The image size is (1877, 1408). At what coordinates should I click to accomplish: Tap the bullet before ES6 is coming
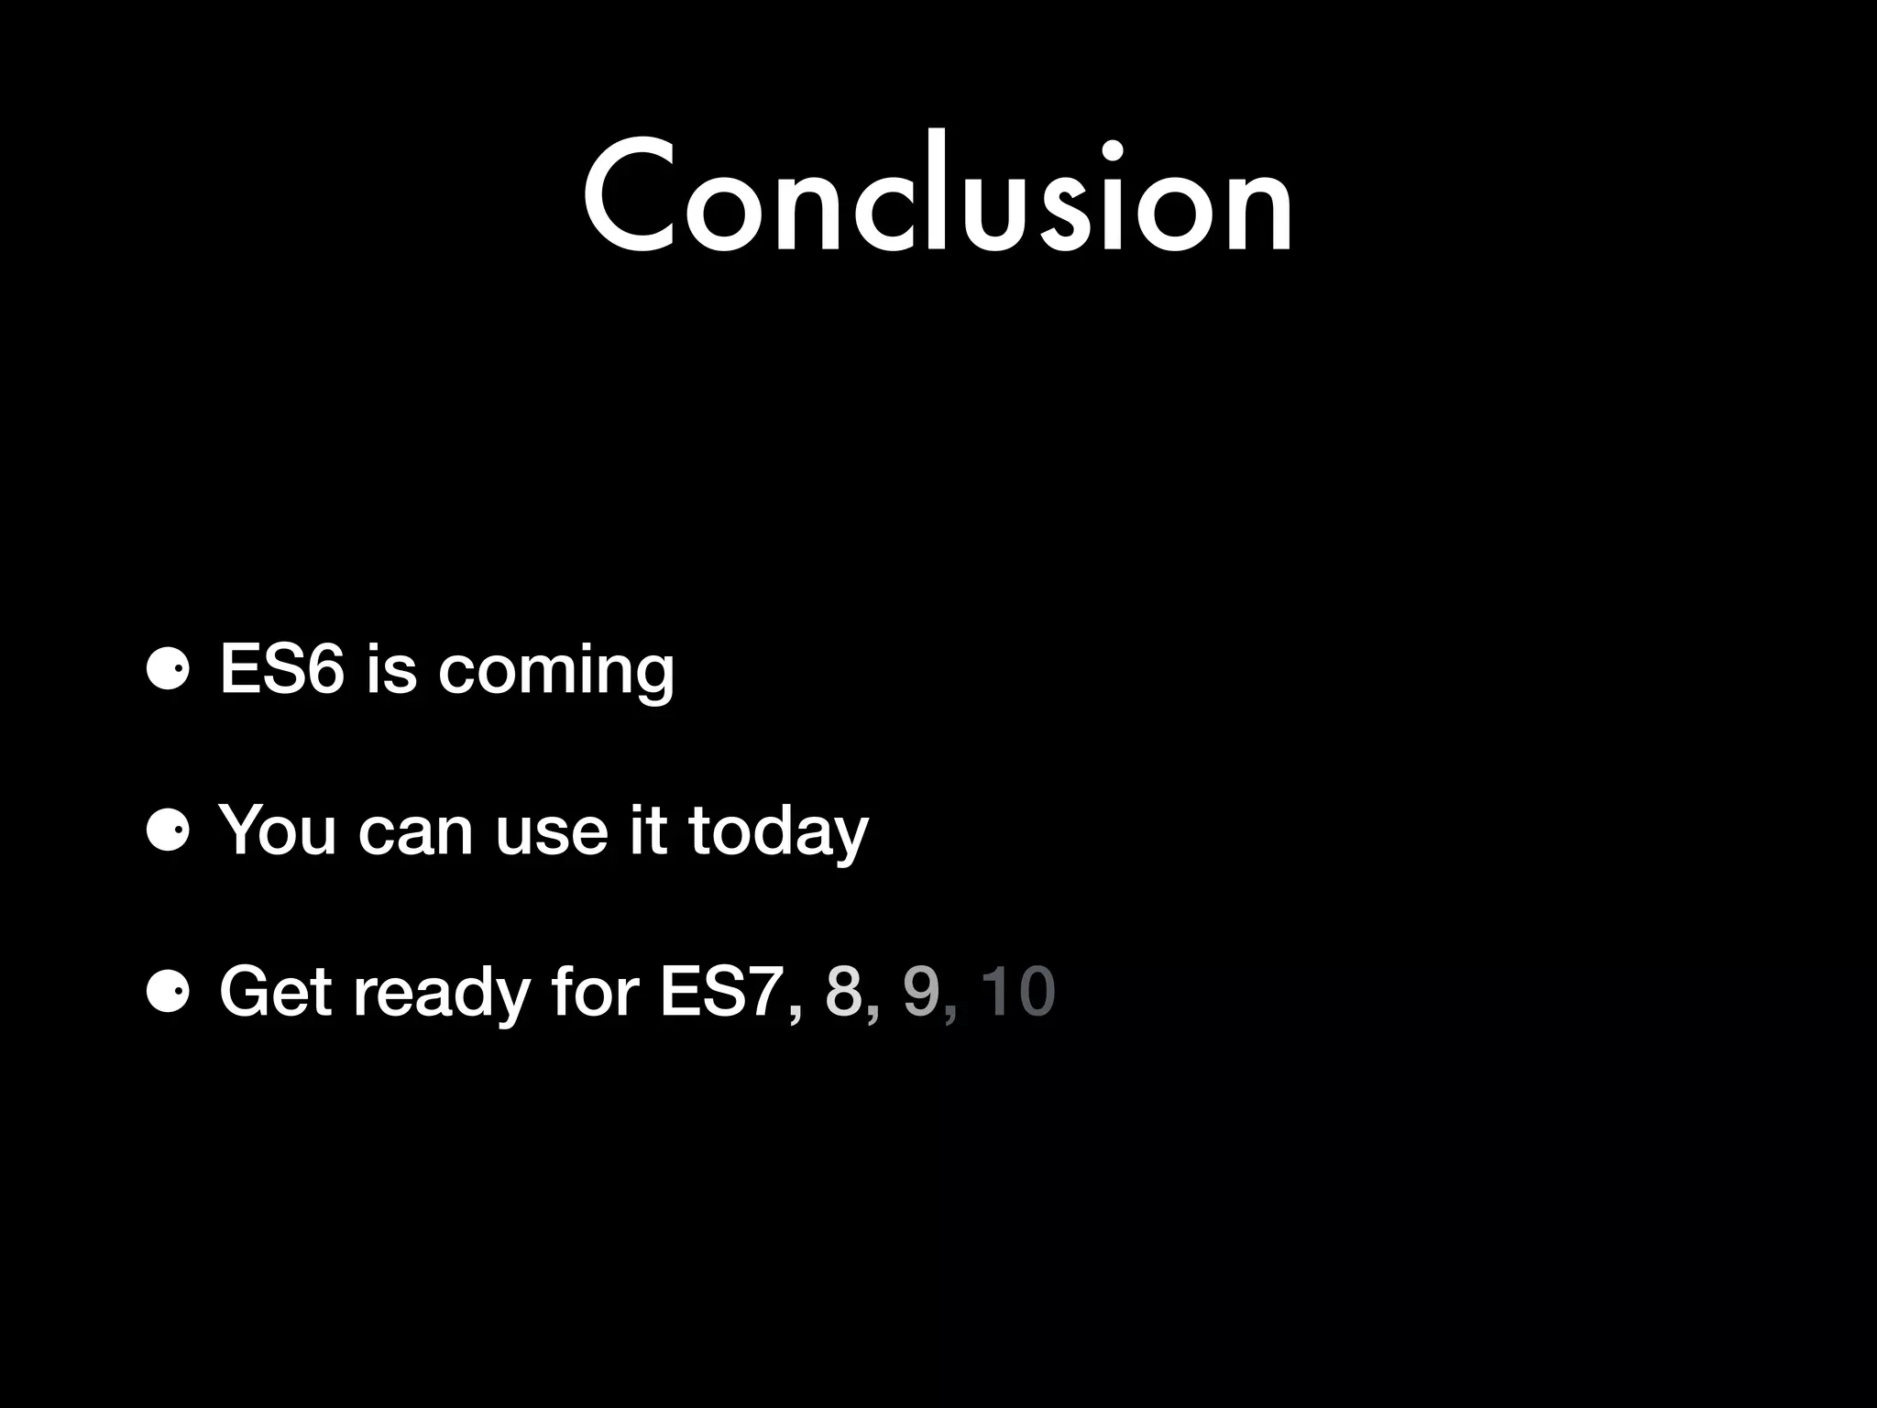point(168,670)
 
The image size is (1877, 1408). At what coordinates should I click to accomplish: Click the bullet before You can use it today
point(168,830)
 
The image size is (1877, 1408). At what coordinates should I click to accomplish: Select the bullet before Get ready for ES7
point(168,992)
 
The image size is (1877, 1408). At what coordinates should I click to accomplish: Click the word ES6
point(281,669)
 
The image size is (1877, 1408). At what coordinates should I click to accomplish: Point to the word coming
point(556,674)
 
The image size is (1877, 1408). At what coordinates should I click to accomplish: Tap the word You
point(277,830)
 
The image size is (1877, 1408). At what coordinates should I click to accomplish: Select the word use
point(551,832)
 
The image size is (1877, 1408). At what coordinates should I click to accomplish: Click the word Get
point(275,992)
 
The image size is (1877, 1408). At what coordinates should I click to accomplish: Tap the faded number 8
point(844,992)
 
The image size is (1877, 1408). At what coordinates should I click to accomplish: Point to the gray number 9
point(921,992)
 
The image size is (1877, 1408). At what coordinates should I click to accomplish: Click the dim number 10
point(1017,992)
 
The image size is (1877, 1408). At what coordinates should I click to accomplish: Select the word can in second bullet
point(414,832)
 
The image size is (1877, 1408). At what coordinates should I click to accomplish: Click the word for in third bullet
point(595,992)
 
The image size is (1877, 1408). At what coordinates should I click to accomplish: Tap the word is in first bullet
point(390,669)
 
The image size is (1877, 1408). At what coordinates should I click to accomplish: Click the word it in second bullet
point(648,830)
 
